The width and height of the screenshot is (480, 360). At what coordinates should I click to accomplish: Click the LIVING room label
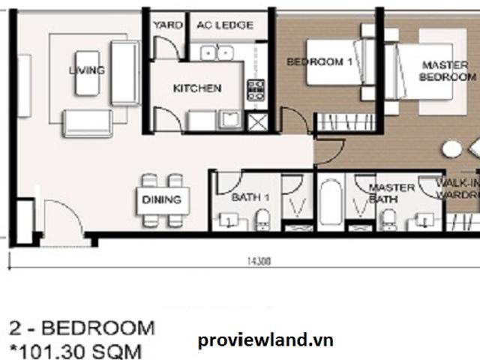[x=87, y=70]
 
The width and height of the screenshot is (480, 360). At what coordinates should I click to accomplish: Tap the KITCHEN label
[x=197, y=88]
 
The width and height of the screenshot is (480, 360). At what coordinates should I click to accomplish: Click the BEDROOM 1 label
[x=319, y=62]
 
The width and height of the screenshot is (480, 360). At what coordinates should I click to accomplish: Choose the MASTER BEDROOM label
[x=448, y=70]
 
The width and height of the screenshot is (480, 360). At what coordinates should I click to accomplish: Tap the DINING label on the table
[x=161, y=199]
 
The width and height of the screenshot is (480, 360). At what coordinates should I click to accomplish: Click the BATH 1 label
[x=246, y=197]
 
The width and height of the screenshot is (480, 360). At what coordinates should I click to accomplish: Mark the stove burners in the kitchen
[x=256, y=90]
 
